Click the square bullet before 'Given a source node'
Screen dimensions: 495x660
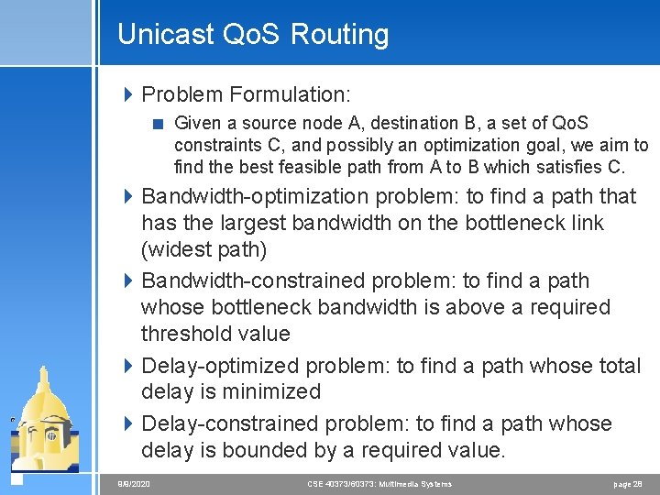pyautogui.click(x=159, y=123)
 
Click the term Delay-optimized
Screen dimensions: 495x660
pyautogui.click(x=221, y=366)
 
